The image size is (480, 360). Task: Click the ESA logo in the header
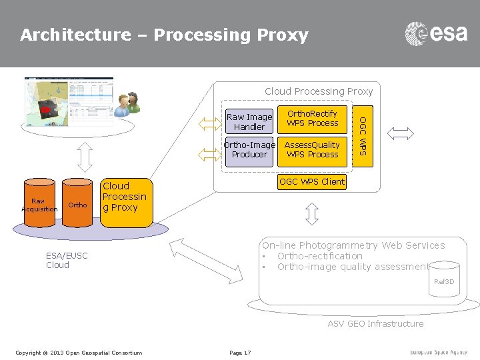pyautogui.click(x=436, y=33)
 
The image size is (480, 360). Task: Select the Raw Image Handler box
pyautogui.click(x=249, y=122)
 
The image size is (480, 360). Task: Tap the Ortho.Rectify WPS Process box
pyautogui.click(x=313, y=119)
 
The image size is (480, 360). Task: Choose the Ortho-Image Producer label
pyautogui.click(x=249, y=150)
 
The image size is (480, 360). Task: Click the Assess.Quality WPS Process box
pyautogui.click(x=313, y=150)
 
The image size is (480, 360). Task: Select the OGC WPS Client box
pyautogui.click(x=312, y=181)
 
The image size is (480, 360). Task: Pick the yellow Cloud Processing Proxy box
pyautogui.click(x=125, y=197)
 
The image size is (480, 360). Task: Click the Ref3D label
pyautogui.click(x=444, y=282)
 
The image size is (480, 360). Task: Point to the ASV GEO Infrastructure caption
pyautogui.click(x=375, y=324)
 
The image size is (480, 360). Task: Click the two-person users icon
pyautogui.click(x=127, y=104)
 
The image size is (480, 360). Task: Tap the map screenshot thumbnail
pyautogui.click(x=69, y=101)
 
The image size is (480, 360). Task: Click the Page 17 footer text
pyautogui.click(x=240, y=352)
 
